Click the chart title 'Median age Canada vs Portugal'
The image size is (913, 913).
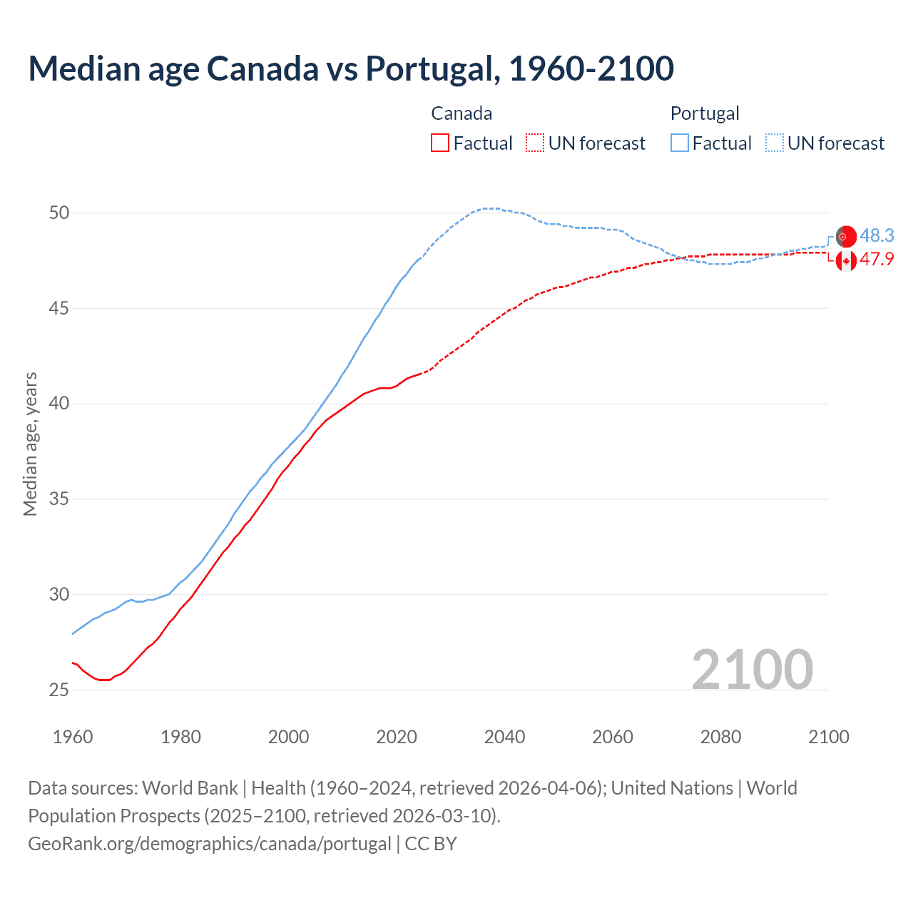(351, 68)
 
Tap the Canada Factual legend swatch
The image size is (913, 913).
(440, 143)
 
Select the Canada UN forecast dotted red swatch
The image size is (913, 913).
(535, 143)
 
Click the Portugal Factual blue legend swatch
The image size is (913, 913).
(680, 143)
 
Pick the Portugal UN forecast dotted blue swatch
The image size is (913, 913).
(775, 143)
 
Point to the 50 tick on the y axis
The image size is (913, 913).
(59, 213)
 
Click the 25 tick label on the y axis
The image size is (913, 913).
(59, 690)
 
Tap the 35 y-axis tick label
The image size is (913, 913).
(59, 499)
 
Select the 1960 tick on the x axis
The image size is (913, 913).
(73, 737)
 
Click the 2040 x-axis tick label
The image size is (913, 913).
(504, 737)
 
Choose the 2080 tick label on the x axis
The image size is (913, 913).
(720, 737)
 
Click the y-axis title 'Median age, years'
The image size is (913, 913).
(30, 444)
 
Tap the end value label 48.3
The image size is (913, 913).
(877, 236)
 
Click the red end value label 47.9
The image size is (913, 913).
(877, 259)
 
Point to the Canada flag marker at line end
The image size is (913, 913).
(846, 261)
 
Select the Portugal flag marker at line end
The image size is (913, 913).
(846, 236)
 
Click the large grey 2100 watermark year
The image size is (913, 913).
(752, 669)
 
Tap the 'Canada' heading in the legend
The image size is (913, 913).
(461, 113)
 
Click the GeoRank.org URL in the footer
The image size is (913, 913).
(209, 844)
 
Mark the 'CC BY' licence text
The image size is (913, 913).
(431, 844)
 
